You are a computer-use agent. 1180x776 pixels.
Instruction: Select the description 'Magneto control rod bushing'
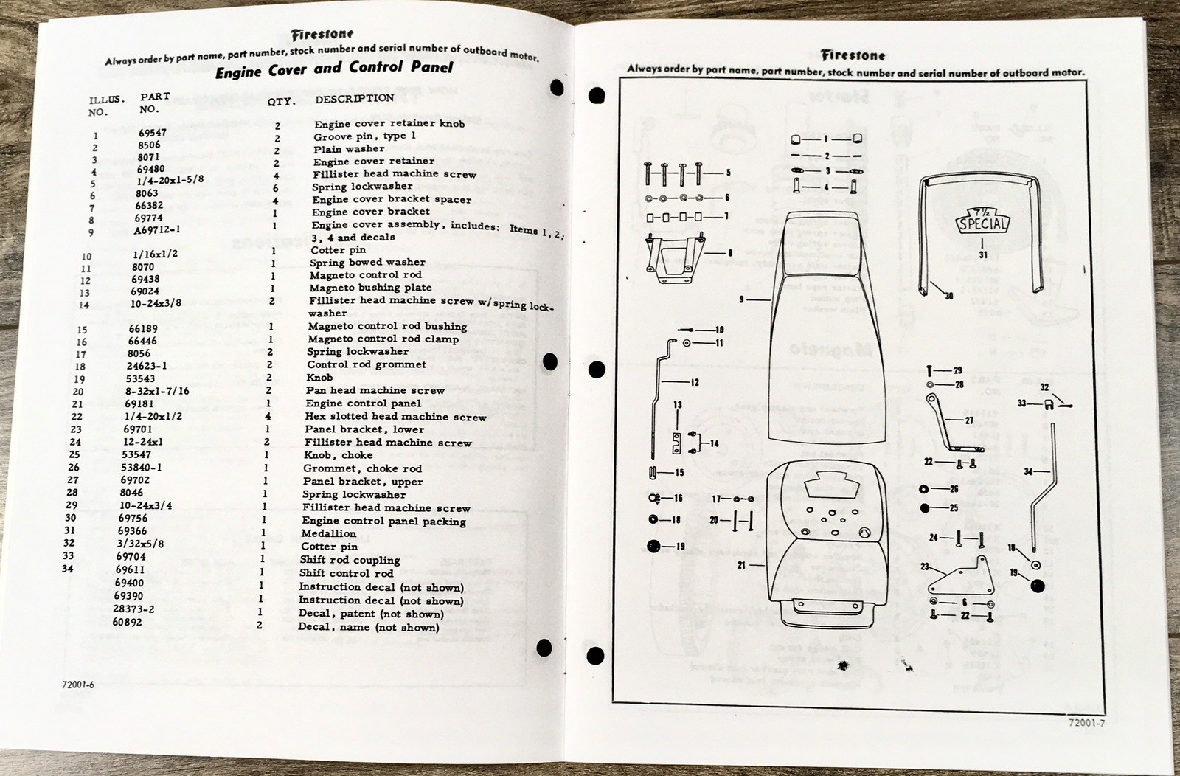[387, 326]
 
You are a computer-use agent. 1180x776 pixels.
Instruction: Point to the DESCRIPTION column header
[354, 98]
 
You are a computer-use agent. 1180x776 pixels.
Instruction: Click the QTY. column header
[281, 102]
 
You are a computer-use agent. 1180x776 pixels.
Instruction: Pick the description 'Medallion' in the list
[328, 533]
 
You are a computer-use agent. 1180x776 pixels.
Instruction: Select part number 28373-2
[133, 609]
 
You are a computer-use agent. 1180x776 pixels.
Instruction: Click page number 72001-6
[79, 685]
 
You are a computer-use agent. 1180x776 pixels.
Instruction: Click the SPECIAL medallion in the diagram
[982, 221]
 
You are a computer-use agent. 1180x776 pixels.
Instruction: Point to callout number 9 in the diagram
[742, 299]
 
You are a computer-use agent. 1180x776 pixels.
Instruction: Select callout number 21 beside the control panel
[741, 565]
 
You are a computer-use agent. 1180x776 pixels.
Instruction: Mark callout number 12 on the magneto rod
[694, 382]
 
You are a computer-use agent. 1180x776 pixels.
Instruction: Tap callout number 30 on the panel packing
[948, 296]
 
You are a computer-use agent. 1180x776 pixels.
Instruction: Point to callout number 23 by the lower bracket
[924, 567]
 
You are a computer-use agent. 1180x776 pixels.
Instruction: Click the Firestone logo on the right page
[853, 55]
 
